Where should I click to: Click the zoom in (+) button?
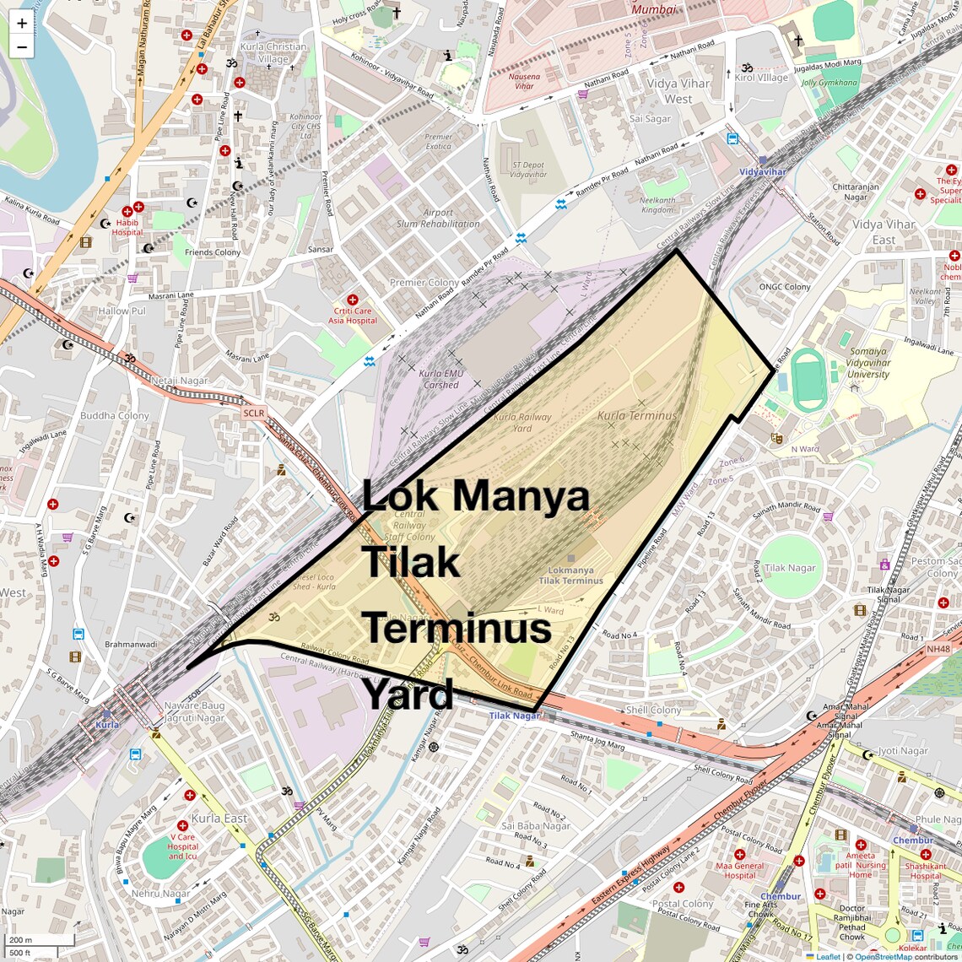pyautogui.click(x=21, y=23)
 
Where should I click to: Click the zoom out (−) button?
pyautogui.click(x=21, y=47)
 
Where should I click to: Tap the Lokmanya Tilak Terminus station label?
pyautogui.click(x=570, y=576)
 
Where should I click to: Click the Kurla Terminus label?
pyautogui.click(x=637, y=416)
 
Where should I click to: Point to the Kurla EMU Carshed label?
pyautogui.click(x=441, y=380)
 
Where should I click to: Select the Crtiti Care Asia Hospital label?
pyautogui.click(x=353, y=316)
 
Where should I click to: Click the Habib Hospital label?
pyautogui.click(x=127, y=227)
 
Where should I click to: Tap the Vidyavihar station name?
pyautogui.click(x=762, y=172)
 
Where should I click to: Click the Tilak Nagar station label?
pyautogui.click(x=514, y=716)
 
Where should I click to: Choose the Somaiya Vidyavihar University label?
pyautogui.click(x=868, y=363)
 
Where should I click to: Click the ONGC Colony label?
pyautogui.click(x=785, y=287)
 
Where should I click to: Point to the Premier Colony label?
pyautogui.click(x=424, y=283)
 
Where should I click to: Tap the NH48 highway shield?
pyautogui.click(x=938, y=649)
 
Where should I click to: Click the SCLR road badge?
pyautogui.click(x=253, y=413)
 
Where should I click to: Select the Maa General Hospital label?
pyautogui.click(x=739, y=870)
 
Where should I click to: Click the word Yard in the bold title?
pyautogui.click(x=408, y=694)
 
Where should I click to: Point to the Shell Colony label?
pyautogui.click(x=653, y=711)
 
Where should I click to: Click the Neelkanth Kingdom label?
pyautogui.click(x=657, y=205)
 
